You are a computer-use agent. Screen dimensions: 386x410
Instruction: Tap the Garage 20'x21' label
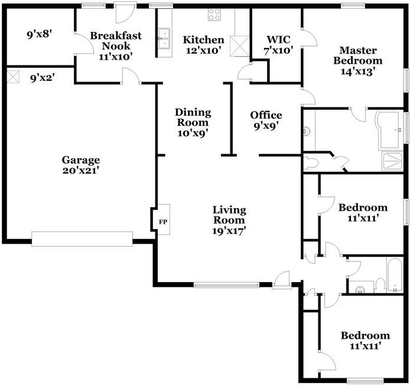[81, 165]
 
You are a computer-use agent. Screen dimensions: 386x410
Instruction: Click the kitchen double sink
[163, 38]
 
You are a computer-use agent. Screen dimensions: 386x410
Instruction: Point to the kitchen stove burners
[214, 15]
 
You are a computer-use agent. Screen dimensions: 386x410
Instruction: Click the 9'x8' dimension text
[40, 35]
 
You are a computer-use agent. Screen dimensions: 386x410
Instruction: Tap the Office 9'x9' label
[266, 120]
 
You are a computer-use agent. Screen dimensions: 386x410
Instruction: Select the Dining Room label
[193, 122]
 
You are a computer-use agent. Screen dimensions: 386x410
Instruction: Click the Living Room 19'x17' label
[229, 220]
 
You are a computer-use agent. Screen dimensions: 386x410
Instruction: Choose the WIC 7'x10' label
[276, 45]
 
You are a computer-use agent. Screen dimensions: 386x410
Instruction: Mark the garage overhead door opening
[82, 239]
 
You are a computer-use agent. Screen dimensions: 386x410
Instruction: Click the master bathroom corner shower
[392, 161]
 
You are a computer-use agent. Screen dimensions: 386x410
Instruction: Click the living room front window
[226, 284]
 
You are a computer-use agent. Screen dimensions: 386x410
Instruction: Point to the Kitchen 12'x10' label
[203, 45]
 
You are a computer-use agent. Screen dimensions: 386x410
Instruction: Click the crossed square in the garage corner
[13, 76]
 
